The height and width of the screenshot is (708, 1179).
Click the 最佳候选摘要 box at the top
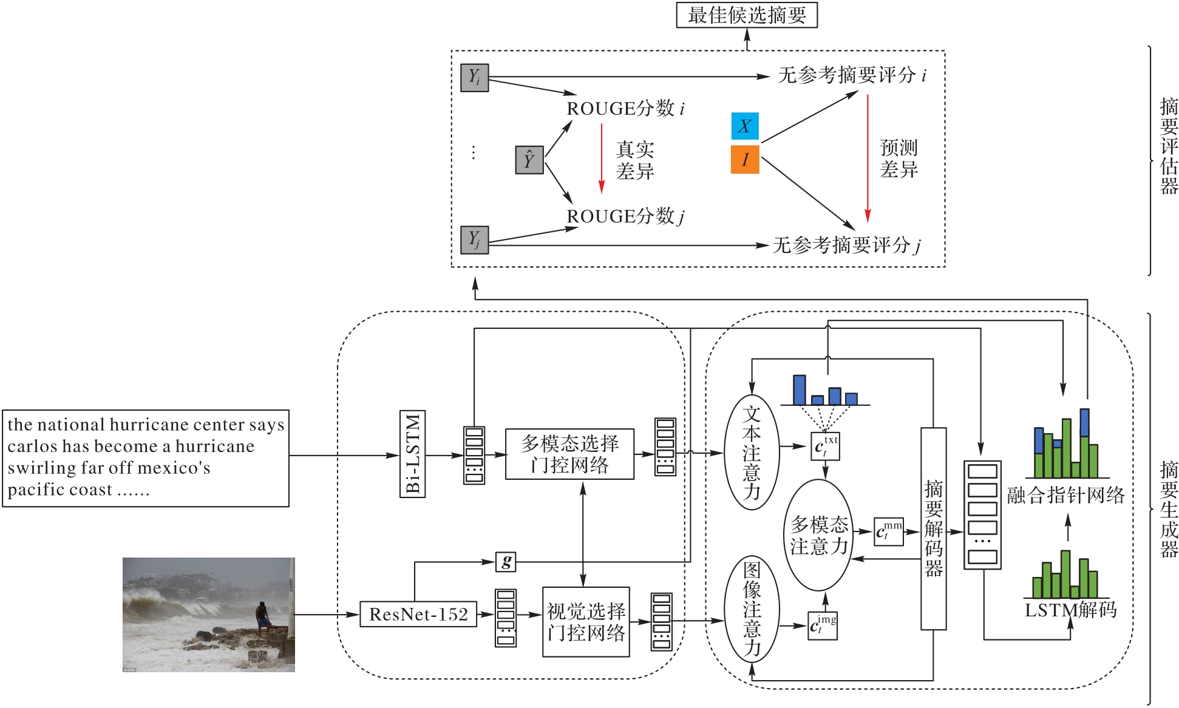tap(746, 15)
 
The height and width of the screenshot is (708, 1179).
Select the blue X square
tap(744, 126)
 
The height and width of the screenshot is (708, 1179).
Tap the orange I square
tap(744, 160)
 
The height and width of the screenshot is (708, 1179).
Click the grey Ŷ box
tap(529, 160)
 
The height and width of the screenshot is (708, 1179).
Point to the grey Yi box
tap(474, 78)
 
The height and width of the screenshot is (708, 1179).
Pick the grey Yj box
tap(474, 240)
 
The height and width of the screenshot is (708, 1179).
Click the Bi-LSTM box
tap(413, 454)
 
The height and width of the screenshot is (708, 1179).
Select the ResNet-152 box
tap(418, 615)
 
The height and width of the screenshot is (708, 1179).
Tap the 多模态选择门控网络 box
tap(569, 454)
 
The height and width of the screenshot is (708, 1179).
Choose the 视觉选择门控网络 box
tap(585, 622)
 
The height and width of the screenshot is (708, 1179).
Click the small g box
tap(506, 561)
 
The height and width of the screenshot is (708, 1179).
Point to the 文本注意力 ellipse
tap(752, 453)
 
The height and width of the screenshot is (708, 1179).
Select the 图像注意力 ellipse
tap(752, 609)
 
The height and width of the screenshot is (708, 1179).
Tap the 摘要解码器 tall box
tap(933, 528)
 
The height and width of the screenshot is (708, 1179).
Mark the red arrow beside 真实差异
tap(602, 158)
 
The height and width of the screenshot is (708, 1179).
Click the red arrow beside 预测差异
tap(868, 158)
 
